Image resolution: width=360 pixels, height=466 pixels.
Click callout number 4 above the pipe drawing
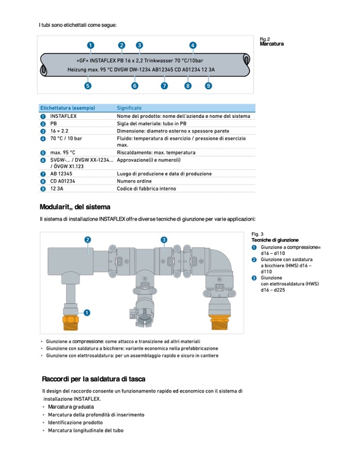tap(193, 45)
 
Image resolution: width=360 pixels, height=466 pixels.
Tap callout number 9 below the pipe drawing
tap(208, 86)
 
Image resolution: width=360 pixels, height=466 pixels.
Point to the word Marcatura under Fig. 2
tap(272, 44)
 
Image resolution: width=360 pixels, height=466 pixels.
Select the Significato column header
tap(129, 108)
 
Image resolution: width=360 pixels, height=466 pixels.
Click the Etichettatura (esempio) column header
tap(68, 108)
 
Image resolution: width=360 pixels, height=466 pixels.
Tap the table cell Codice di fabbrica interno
tap(146, 189)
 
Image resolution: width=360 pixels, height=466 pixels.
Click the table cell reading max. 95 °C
tap(62, 153)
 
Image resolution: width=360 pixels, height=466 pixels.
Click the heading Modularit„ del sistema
tap(74, 207)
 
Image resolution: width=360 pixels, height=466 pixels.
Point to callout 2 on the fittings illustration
tap(88, 240)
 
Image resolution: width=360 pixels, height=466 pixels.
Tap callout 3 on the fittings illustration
tap(164, 240)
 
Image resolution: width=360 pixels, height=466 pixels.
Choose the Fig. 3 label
tap(258, 234)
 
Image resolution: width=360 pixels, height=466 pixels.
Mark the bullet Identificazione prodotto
tap(75, 423)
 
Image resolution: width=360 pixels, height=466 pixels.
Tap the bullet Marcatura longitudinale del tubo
tap(86, 430)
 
